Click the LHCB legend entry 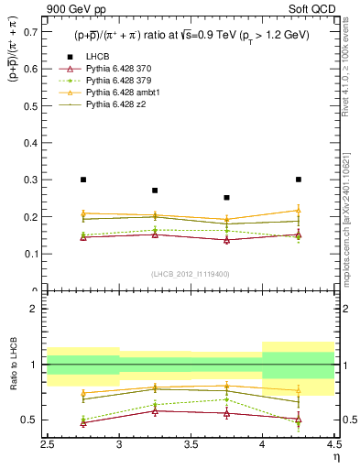(x=97, y=58)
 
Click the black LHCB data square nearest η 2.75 (x=83, y=180)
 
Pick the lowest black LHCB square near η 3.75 (x=226, y=197)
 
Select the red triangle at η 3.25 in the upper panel (x=155, y=234)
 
